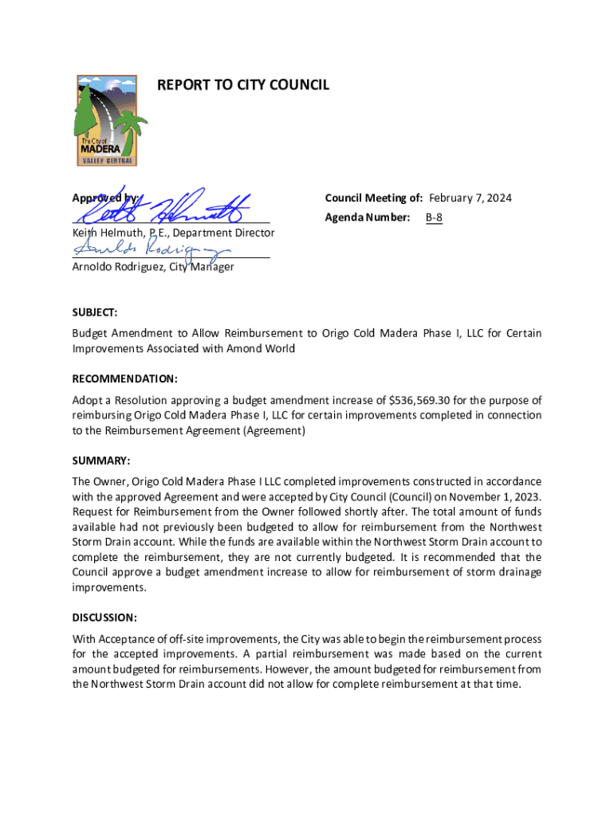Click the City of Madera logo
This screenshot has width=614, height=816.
(x=107, y=120)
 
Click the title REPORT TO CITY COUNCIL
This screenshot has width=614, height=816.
(x=243, y=84)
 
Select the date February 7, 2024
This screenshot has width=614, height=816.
(x=470, y=198)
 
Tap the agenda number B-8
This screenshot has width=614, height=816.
(x=434, y=217)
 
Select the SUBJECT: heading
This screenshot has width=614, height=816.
(x=95, y=313)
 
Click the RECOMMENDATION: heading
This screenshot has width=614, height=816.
(x=124, y=379)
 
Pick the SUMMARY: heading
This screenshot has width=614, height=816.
(x=100, y=461)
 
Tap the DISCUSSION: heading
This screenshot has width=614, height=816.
(x=104, y=618)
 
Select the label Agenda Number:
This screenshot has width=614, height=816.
(x=368, y=217)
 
